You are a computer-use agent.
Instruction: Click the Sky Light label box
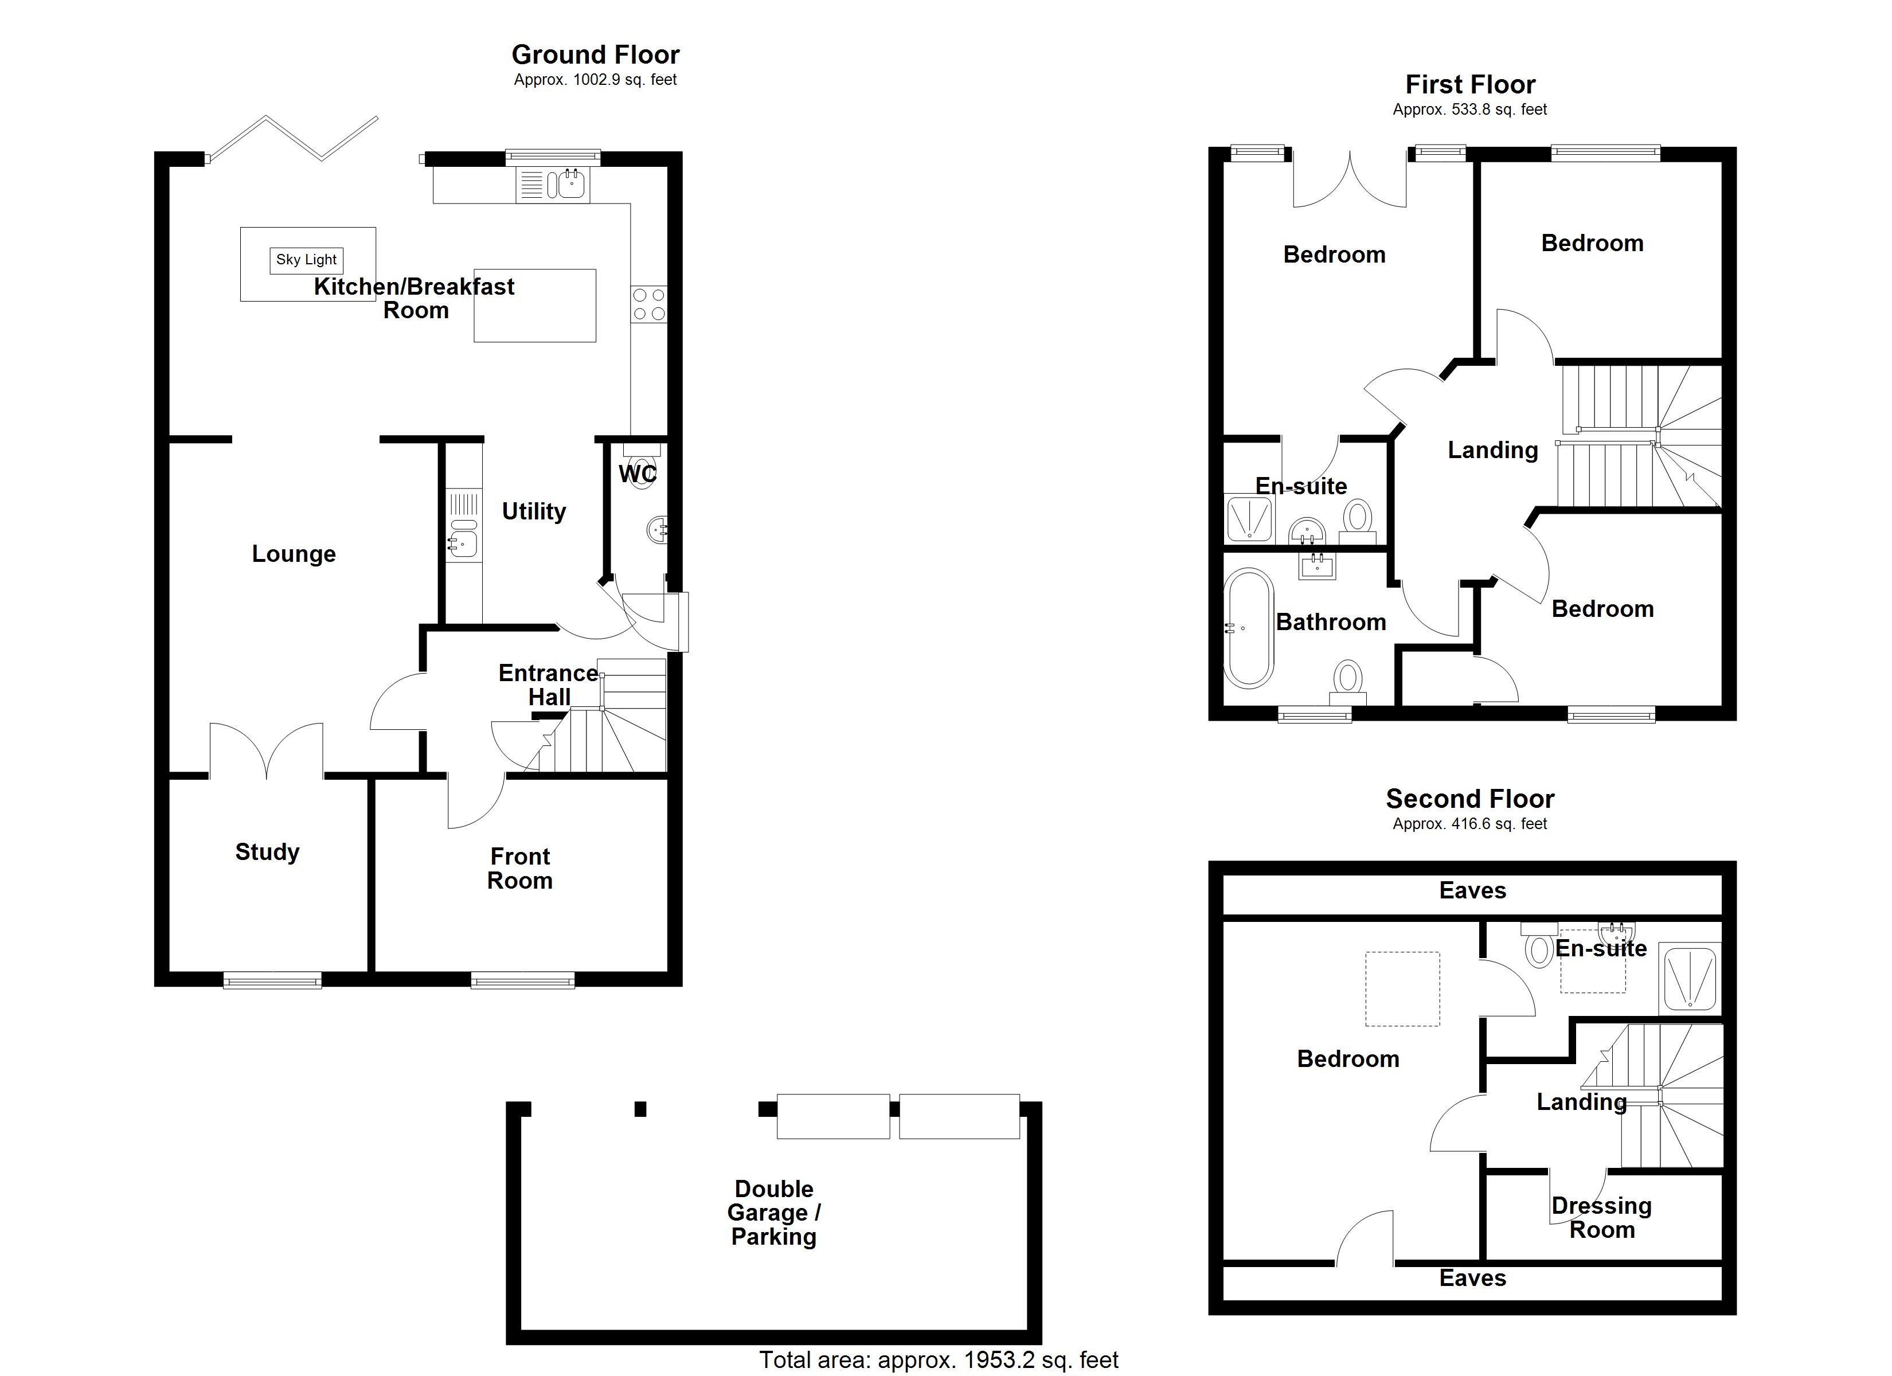tap(306, 260)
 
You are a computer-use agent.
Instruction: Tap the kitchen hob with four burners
tap(649, 304)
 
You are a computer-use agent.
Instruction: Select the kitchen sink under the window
tap(570, 185)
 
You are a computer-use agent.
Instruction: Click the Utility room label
tap(533, 511)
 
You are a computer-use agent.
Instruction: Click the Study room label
tap(267, 852)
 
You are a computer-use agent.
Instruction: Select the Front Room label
tap(519, 869)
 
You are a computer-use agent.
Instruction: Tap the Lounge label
tap(294, 554)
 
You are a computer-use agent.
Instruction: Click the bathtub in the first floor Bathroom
tap(1249, 628)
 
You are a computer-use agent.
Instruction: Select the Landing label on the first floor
tap(1492, 451)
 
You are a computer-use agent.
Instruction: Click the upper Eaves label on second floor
tap(1472, 890)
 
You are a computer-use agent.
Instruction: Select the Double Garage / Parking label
tap(773, 1213)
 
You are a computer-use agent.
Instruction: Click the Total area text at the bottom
tap(939, 1360)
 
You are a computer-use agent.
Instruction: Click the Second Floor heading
tap(1470, 799)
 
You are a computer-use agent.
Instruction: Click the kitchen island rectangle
tap(535, 306)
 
